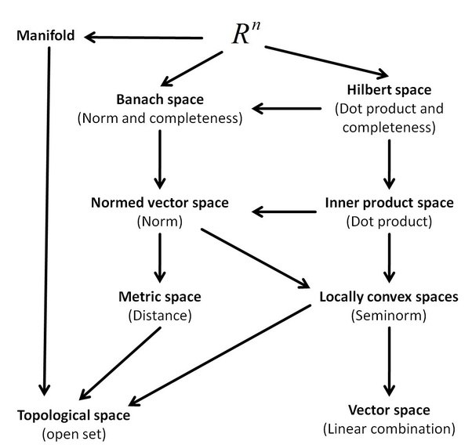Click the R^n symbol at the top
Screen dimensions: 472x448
(246, 33)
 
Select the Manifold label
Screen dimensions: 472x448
(45, 35)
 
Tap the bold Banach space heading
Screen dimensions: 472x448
(160, 99)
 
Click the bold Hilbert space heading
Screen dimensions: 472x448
(389, 90)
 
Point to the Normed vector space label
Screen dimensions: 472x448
(160, 203)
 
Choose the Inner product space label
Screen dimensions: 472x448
(389, 203)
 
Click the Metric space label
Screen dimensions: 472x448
(160, 297)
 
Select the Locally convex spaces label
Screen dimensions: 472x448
(389, 297)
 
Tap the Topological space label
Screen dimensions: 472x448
(74, 416)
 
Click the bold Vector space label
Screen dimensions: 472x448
(389, 410)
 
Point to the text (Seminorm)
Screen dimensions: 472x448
(389, 316)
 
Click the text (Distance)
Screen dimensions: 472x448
(160, 316)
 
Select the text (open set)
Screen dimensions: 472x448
(74, 434)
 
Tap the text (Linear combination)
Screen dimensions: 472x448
(389, 429)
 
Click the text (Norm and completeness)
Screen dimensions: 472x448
(160, 118)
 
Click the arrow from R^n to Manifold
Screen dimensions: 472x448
(144, 38)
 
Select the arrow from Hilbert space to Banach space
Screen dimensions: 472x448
(287, 109)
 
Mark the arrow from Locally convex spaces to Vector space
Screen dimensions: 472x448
(389, 361)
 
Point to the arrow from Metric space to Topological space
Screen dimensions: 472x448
(120, 363)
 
